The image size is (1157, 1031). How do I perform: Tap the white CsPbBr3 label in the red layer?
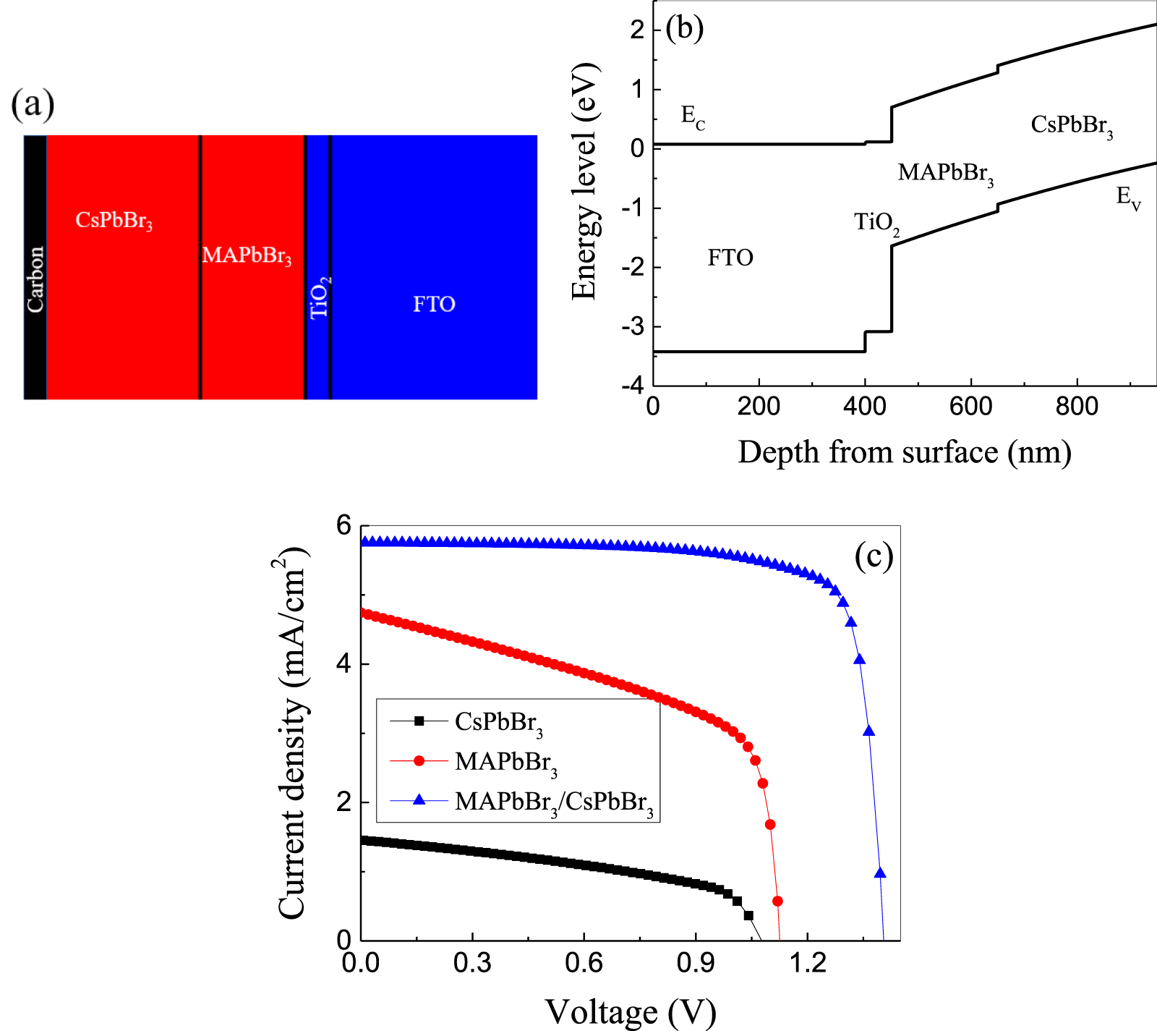tap(114, 220)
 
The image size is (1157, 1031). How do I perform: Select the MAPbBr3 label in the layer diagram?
tap(247, 255)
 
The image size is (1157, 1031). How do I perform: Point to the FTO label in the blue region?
tap(434, 304)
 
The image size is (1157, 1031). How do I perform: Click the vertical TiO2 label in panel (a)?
tap(320, 297)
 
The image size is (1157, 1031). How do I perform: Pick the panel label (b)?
tap(684, 28)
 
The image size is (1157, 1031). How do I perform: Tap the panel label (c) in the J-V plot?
tap(874, 556)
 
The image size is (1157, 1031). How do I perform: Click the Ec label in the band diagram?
tap(692, 116)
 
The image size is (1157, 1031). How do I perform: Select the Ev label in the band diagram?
tap(1128, 197)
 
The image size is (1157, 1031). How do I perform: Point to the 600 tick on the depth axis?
tap(970, 406)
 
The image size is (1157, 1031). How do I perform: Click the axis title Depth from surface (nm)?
tap(904, 452)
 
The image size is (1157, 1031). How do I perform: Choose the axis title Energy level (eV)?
tap(584, 181)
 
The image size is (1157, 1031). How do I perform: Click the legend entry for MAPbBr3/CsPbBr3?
tap(554, 802)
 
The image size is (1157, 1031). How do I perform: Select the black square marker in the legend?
tap(419, 721)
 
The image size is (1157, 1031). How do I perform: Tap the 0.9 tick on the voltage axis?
tap(696, 962)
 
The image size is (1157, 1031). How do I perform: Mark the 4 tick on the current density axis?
tap(344, 663)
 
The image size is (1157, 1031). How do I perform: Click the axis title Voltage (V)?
tap(630, 1011)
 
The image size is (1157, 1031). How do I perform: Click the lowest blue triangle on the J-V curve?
tap(880, 873)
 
